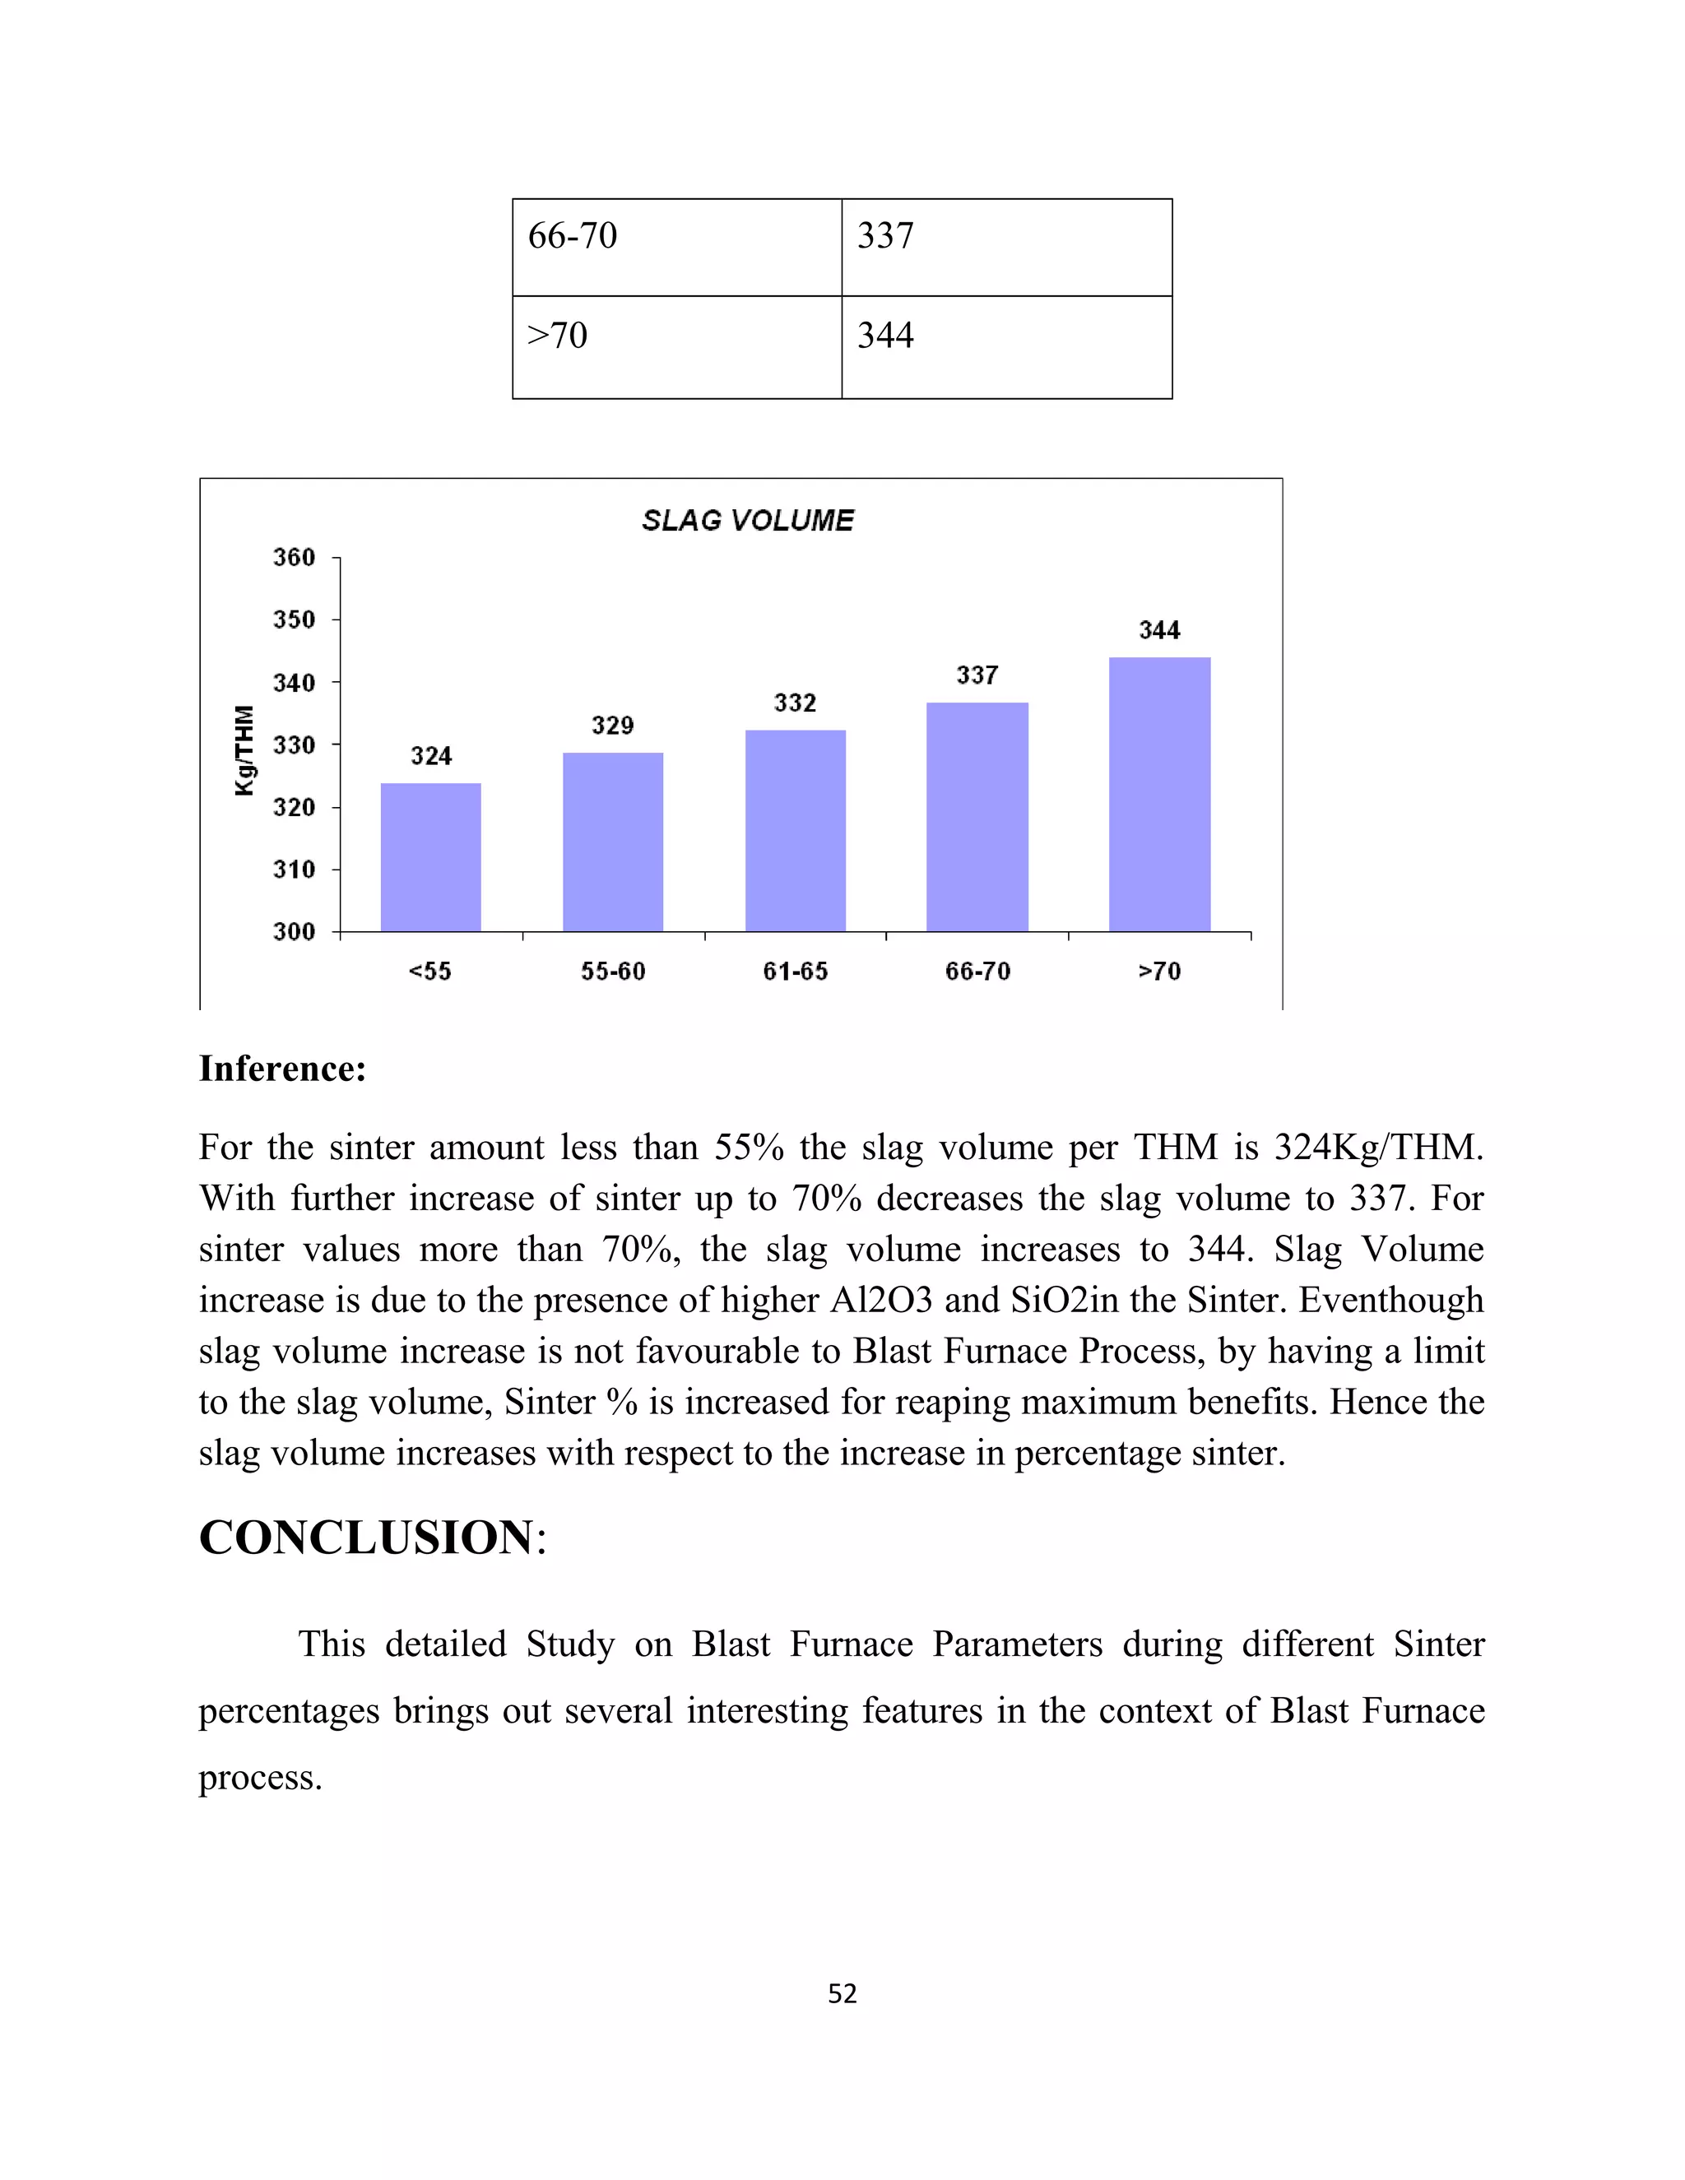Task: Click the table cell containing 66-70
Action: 677,247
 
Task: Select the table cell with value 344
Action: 1006,346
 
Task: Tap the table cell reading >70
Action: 677,346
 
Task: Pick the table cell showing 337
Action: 1006,247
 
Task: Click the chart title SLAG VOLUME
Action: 748,520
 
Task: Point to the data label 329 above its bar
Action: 612,726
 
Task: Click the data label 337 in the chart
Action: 977,675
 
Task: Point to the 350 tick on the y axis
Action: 294,620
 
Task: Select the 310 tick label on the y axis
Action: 294,870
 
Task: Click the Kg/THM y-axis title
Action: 244,749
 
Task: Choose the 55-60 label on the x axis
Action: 613,972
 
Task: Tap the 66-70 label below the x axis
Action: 977,972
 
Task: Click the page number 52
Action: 842,1993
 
